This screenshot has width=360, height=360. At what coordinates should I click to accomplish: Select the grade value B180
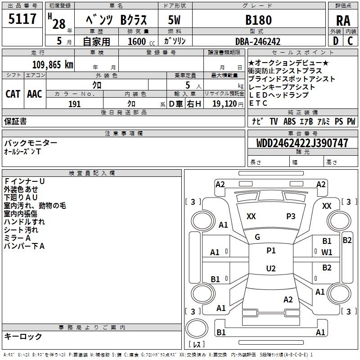pyautogui.click(x=258, y=20)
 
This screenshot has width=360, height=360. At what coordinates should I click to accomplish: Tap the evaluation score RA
pyautogui.click(x=343, y=20)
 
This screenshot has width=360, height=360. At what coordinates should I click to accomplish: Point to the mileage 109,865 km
pyautogui.click(x=53, y=64)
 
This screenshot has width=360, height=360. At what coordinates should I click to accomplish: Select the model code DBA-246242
pyautogui.click(x=258, y=41)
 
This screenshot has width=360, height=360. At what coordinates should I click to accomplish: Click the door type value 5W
pyautogui.click(x=175, y=20)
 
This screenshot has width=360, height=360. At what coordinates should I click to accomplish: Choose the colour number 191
pyautogui.click(x=75, y=104)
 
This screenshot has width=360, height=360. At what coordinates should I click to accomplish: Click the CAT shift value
pyautogui.click(x=13, y=94)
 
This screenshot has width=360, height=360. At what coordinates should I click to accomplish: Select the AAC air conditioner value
pyautogui.click(x=35, y=94)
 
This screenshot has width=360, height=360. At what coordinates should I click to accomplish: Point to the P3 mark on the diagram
pyautogui.click(x=291, y=216)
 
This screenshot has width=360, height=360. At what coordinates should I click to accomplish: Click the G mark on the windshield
pyautogui.click(x=257, y=237)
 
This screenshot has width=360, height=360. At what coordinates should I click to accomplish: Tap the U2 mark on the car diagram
pyautogui.click(x=270, y=268)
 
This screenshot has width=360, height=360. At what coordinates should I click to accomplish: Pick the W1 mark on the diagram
pyautogui.click(x=327, y=252)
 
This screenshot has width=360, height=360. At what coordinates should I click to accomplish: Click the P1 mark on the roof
pyautogui.click(x=270, y=250)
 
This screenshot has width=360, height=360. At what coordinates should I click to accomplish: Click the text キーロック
pyautogui.click(x=23, y=337)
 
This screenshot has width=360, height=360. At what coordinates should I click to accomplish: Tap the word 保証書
pyautogui.click(x=15, y=121)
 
